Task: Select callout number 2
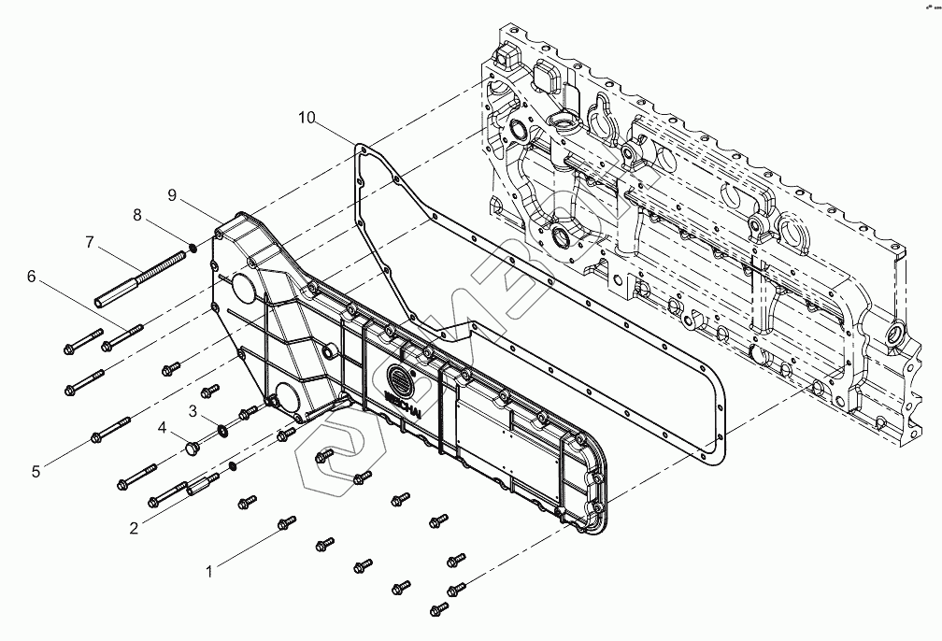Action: coord(135,528)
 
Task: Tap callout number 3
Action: coord(193,410)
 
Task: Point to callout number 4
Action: coord(162,429)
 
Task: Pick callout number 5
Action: coord(36,472)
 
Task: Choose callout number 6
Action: coord(31,276)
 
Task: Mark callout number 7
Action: coord(90,242)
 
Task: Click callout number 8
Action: coord(137,214)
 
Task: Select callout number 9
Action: coord(172,194)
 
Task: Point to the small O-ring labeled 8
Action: coord(192,248)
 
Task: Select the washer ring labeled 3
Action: coord(224,432)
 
